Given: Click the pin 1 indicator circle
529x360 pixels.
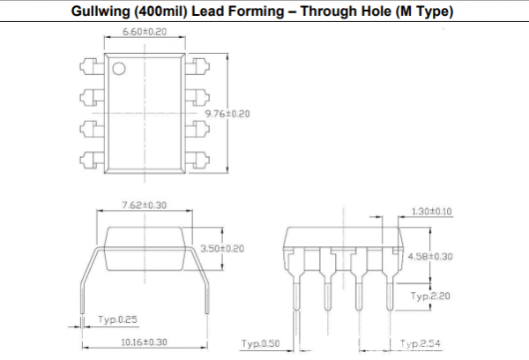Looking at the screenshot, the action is (x=119, y=69).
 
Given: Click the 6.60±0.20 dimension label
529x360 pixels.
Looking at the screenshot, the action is (x=145, y=32).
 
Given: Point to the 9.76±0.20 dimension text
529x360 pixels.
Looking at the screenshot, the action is (x=227, y=114).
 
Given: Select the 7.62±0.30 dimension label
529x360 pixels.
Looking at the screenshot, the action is (x=145, y=206).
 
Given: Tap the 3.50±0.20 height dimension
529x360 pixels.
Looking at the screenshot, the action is (x=222, y=249).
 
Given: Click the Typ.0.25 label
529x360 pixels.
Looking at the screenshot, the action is (x=118, y=319).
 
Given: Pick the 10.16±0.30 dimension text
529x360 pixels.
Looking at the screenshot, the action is (x=144, y=342).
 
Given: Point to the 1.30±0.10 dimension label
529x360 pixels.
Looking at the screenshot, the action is (x=432, y=212).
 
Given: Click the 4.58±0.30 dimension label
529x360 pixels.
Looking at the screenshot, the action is (x=430, y=257).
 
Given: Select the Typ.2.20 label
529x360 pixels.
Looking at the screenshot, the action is (x=430, y=296).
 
